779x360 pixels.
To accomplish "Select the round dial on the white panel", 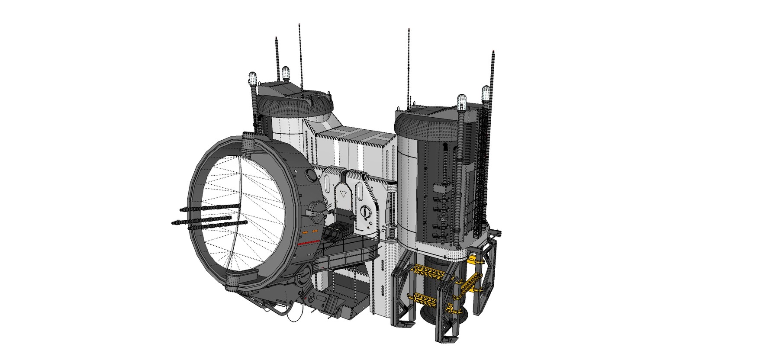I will [x=366, y=212].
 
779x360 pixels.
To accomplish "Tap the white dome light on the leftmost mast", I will [x=253, y=79].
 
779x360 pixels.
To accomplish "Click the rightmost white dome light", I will [x=486, y=92].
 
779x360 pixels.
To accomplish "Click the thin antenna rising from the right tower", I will [x=409, y=65].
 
